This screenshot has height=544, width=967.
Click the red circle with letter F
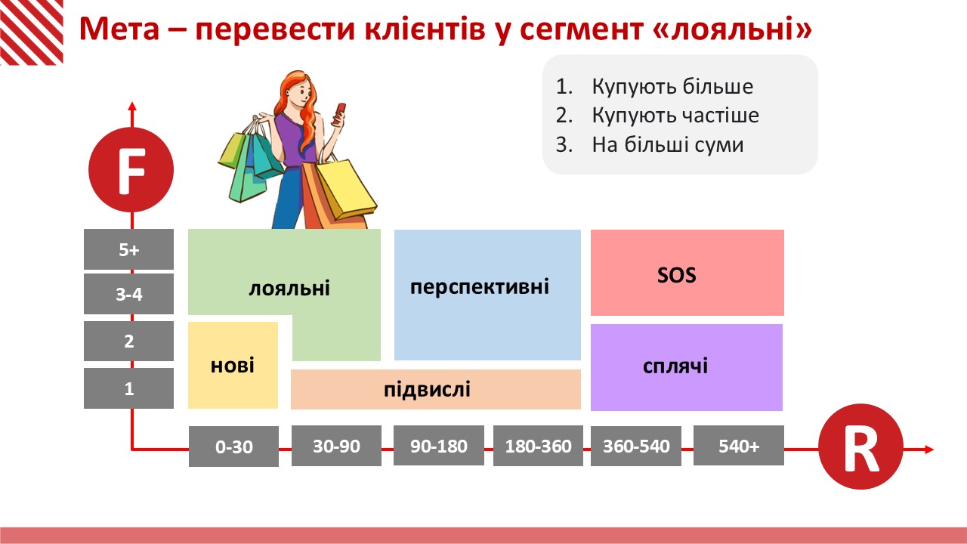(x=131, y=170)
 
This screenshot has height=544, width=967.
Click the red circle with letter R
(x=860, y=447)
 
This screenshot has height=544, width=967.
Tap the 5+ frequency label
(x=128, y=249)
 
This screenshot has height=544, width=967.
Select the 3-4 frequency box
(x=128, y=294)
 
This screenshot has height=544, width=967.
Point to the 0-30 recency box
(x=233, y=447)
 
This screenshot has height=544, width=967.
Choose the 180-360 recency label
(x=538, y=446)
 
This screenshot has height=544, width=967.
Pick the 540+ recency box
(x=739, y=446)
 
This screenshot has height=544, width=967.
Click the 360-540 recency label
(x=636, y=446)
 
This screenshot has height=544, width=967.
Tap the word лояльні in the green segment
(x=289, y=288)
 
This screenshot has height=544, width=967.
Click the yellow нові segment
(x=233, y=365)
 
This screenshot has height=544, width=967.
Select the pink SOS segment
(x=687, y=273)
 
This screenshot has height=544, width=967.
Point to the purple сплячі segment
(x=687, y=367)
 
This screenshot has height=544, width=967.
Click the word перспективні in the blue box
(x=480, y=286)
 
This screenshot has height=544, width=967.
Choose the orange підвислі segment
(x=436, y=389)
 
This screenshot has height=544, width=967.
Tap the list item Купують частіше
(x=657, y=116)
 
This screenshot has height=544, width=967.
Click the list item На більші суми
(x=650, y=144)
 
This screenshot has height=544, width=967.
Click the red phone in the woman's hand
(x=339, y=113)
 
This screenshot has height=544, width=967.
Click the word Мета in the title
(x=119, y=29)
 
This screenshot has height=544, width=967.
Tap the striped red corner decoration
(x=32, y=32)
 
